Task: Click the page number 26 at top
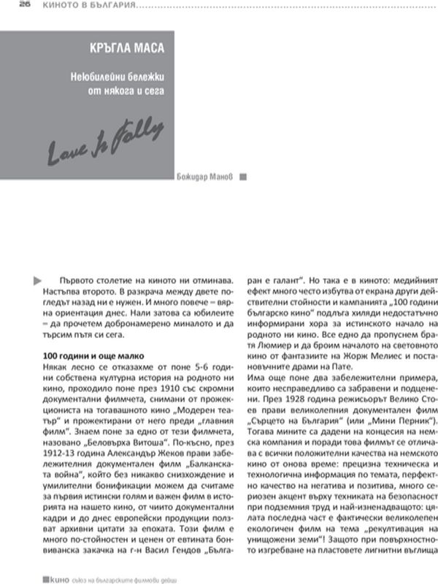(7, 4)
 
